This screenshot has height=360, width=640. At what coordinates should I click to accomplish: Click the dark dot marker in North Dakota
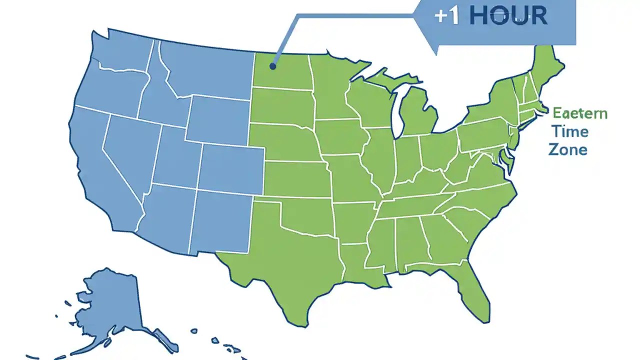tap(272, 65)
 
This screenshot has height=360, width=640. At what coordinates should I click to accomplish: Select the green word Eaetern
tap(580, 113)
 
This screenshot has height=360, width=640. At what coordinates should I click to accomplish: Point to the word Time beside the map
tap(570, 131)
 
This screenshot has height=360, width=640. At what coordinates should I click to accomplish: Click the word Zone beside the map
tap(567, 149)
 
